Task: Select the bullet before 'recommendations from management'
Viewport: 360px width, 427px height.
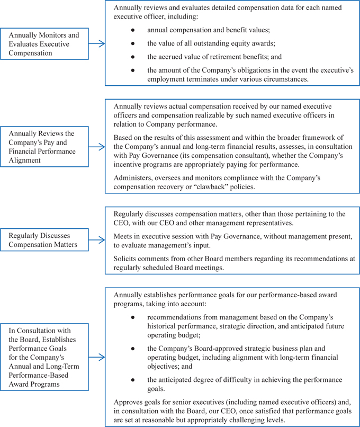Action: [x=133, y=316]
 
